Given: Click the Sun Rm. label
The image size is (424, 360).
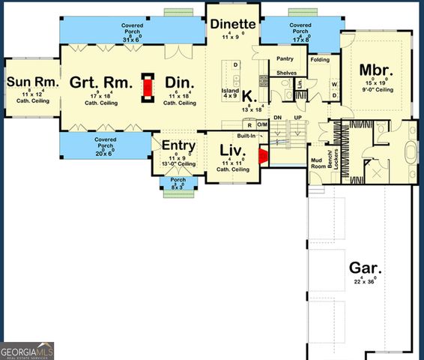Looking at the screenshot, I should tap(28, 80).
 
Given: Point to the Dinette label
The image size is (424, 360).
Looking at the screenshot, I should tap(233, 23).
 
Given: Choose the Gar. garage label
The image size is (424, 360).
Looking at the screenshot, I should tap(366, 268).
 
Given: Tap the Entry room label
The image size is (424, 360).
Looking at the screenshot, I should tap(178, 145).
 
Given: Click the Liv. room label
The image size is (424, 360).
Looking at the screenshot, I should tap(231, 150).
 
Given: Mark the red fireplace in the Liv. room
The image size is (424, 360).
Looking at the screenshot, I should tap(263, 156).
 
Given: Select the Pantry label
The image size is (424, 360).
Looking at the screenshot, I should tap(285, 58).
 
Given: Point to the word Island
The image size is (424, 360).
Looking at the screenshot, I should tap(230, 89).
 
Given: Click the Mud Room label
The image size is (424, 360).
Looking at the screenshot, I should tap(317, 163).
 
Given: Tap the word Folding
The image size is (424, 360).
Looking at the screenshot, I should tap(321, 59).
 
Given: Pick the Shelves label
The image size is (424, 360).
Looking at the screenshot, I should tap(287, 73).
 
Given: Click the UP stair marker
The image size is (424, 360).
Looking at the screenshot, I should tap(297, 118).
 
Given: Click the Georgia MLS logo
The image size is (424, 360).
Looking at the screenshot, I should tap(27, 351).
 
